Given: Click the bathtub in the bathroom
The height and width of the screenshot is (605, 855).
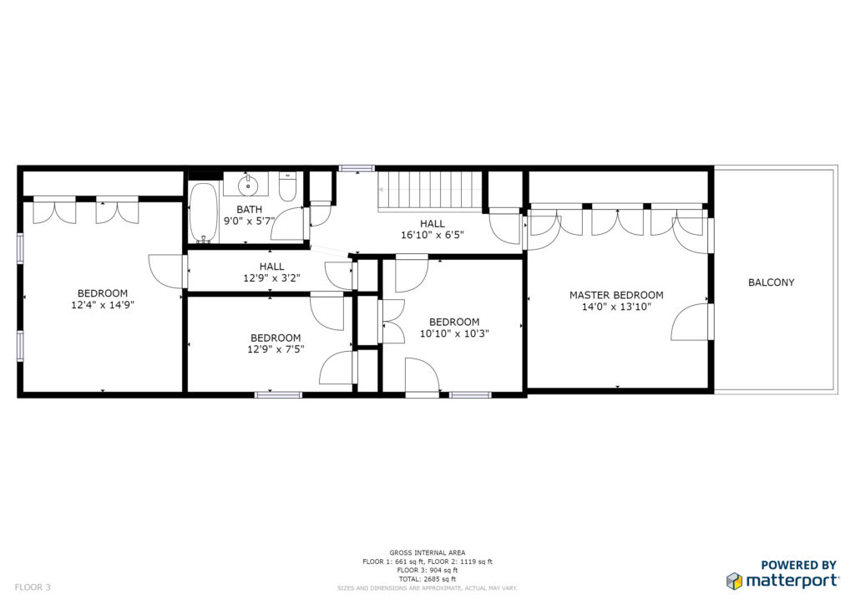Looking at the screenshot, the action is click(x=204, y=213).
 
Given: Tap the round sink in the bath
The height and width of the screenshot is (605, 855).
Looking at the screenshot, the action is click(x=248, y=185).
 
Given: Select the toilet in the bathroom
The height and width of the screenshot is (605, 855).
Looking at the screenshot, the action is click(x=287, y=186).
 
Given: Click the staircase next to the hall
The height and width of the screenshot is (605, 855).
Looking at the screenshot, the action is click(x=430, y=190).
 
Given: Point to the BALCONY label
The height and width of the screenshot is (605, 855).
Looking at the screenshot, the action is click(x=771, y=282).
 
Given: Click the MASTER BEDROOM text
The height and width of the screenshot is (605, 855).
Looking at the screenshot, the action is click(x=616, y=295).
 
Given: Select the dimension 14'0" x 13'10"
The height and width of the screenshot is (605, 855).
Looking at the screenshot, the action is click(x=616, y=307).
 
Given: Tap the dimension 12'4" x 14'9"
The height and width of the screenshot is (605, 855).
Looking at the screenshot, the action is click(x=103, y=305).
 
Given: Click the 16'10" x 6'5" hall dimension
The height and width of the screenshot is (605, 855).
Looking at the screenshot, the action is click(x=433, y=235).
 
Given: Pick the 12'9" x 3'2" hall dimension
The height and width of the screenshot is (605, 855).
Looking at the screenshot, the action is click(x=271, y=278).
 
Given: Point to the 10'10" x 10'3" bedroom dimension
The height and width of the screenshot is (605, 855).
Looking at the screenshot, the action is click(x=454, y=333).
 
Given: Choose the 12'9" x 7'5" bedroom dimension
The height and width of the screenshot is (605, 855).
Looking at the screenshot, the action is click(x=276, y=349).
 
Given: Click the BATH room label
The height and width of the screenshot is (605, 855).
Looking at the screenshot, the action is click(x=249, y=210).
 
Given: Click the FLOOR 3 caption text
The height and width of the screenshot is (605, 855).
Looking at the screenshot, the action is click(x=33, y=587).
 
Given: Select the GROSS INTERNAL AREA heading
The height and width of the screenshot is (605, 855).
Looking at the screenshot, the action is click(x=427, y=552).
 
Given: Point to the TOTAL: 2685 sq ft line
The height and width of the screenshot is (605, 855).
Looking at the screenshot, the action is click(x=427, y=579).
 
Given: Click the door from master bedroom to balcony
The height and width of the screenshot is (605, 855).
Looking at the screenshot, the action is click(x=691, y=323).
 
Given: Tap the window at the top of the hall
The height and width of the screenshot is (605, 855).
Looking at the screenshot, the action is click(x=357, y=169).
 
